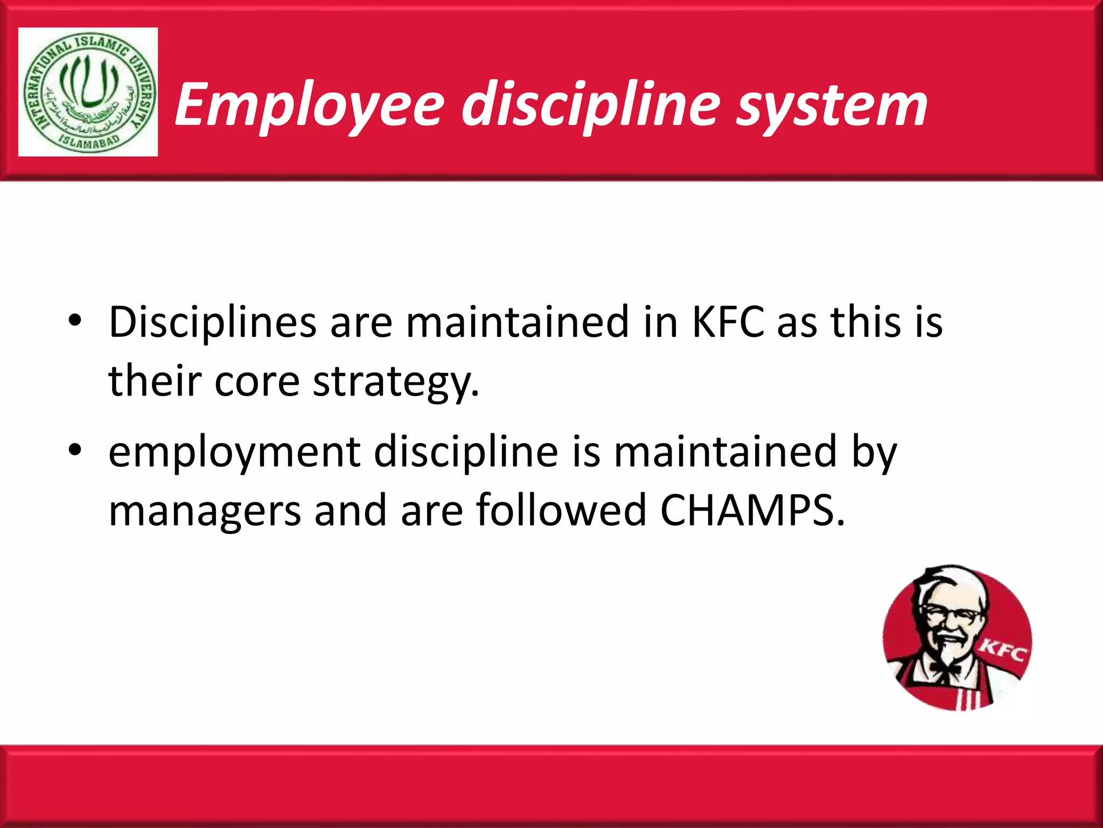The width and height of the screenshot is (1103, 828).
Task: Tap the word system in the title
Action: click(832, 105)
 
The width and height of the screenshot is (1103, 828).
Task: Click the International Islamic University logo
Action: click(88, 92)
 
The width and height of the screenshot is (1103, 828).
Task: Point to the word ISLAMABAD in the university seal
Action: click(88, 141)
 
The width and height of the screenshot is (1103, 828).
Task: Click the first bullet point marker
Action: click(75, 321)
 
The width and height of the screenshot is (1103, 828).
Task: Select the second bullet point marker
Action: click(75, 450)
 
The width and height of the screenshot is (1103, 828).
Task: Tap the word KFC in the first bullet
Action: click(728, 322)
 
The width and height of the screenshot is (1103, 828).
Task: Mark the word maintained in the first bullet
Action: click(518, 322)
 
